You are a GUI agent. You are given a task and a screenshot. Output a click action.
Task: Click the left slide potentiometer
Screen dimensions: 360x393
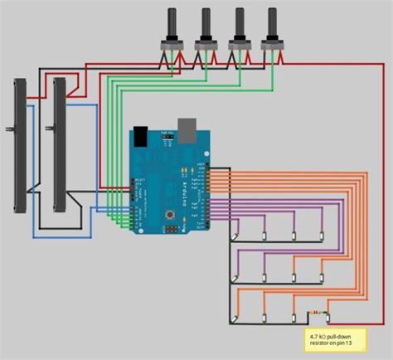[22, 144]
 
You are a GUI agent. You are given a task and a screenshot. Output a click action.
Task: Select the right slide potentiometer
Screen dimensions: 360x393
[59, 144]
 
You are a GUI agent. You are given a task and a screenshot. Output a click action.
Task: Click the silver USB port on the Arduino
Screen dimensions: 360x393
[187, 127]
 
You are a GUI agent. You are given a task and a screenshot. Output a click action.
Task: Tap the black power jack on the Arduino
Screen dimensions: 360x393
[143, 136]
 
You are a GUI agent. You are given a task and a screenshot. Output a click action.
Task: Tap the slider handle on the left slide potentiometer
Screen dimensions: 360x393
[10, 129]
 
